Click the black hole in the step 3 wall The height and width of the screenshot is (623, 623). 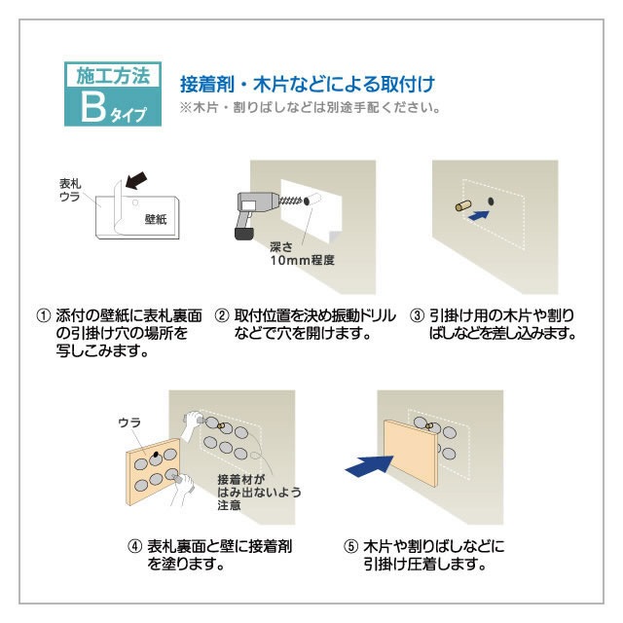click(489, 201)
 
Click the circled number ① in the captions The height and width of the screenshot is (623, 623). click(43, 316)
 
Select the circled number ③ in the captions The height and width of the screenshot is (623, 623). click(417, 316)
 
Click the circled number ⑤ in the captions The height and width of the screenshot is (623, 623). click(351, 546)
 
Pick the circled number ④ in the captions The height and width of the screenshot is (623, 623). click(135, 546)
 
